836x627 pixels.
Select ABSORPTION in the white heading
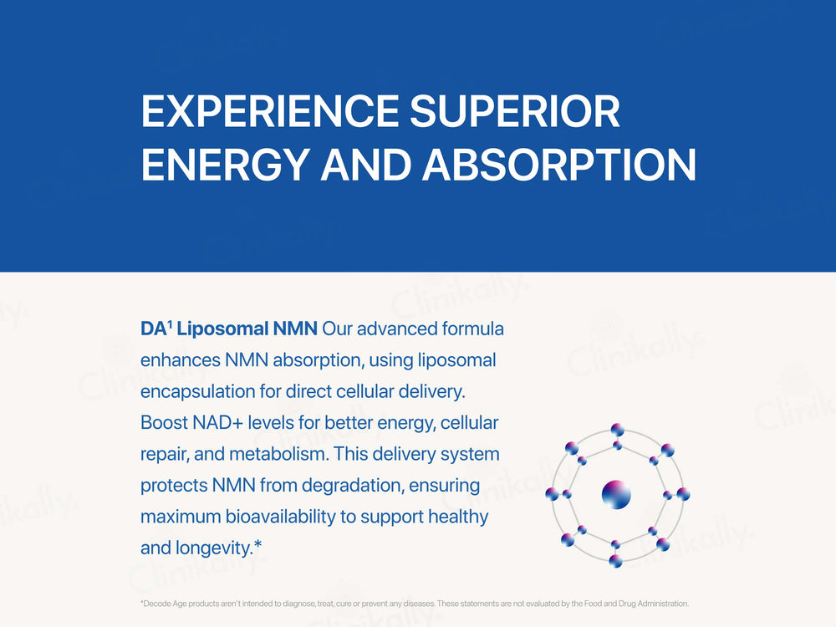coord(559,165)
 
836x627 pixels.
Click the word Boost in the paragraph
coord(165,423)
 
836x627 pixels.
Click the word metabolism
coord(269,454)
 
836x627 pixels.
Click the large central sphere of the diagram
coord(616,494)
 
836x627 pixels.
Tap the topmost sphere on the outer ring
coord(617,430)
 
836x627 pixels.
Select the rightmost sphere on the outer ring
coord(683,494)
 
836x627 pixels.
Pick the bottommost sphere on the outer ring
coord(616,561)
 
